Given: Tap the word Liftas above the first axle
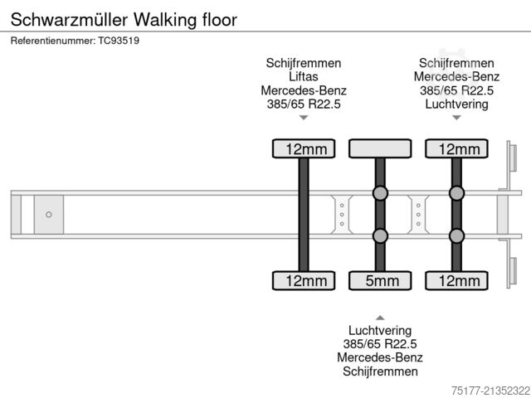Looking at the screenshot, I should (304, 76).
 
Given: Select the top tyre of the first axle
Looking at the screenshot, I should (304, 149).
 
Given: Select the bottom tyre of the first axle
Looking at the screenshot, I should (304, 281).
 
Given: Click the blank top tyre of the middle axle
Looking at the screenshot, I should (380, 149).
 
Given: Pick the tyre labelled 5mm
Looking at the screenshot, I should (380, 281).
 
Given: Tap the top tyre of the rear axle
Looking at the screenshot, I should (456, 149).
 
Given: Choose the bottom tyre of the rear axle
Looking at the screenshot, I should (456, 281).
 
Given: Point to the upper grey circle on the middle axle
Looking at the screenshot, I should (380, 193).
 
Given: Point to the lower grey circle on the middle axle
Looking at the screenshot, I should (380, 236).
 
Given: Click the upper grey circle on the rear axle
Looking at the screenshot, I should (456, 193).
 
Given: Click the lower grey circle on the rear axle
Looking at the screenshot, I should (456, 236).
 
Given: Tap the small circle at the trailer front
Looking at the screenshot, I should (49, 215).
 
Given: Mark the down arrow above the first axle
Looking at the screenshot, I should (304, 118).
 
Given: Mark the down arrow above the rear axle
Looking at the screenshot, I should (456, 118).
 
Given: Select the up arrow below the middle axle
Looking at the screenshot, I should (380, 317).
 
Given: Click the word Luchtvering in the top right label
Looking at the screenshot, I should (456, 104).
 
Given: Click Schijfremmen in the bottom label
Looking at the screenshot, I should (380, 371).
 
